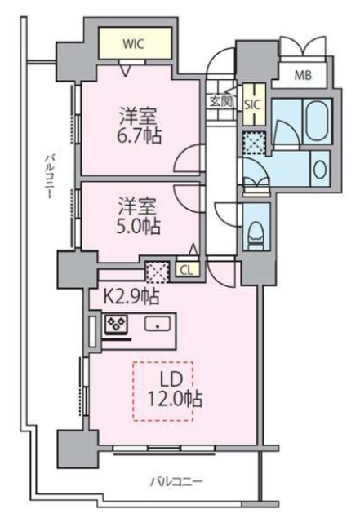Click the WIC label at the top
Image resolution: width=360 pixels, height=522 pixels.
(x=134, y=45)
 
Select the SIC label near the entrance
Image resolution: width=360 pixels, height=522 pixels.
(x=252, y=104)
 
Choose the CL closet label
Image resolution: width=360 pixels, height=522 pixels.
(x=186, y=269)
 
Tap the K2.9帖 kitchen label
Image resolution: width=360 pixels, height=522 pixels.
(x=131, y=294)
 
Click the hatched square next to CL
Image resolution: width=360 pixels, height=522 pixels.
(x=156, y=270)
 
